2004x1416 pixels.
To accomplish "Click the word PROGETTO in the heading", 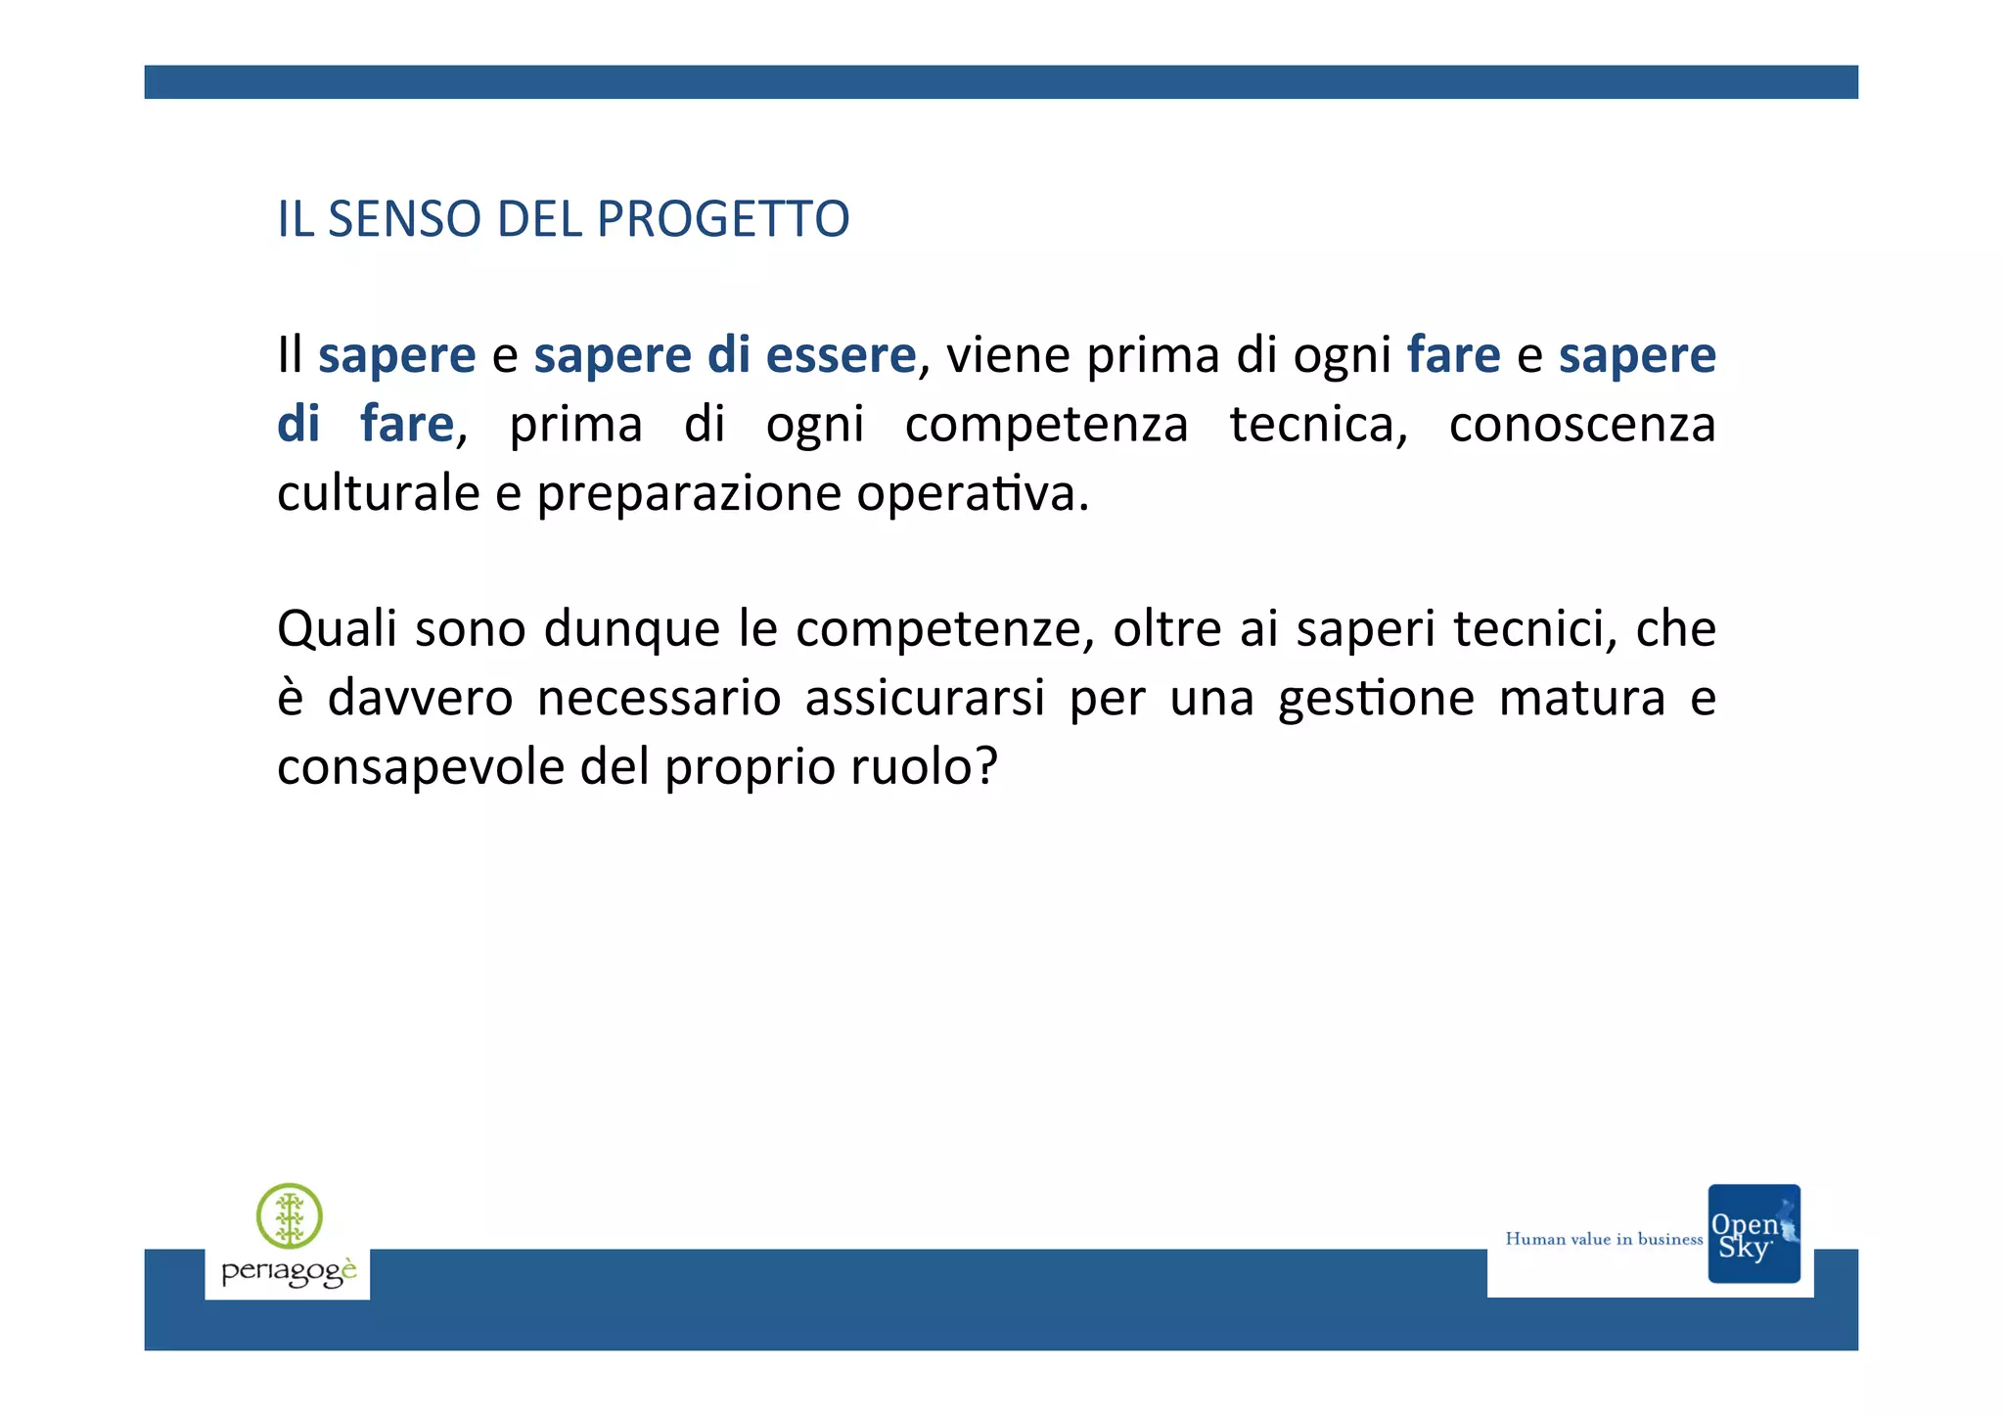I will (723, 218).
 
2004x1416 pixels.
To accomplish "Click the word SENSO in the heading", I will (404, 218).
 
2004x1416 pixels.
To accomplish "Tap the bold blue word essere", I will (841, 354).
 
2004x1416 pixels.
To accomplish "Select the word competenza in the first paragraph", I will (1046, 425).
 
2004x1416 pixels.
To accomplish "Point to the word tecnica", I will (1317, 425).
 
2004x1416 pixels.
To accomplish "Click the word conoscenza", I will (1581, 425).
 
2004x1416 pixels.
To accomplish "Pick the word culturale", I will (378, 492).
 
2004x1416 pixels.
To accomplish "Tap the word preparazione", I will (689, 494).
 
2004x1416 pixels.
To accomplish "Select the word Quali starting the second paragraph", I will (337, 628).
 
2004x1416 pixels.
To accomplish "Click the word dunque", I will (631, 629).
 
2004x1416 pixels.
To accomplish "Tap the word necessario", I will (659, 698).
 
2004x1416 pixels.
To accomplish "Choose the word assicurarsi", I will (925, 698).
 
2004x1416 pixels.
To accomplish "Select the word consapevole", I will (420, 767).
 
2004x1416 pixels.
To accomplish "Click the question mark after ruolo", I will (986, 765).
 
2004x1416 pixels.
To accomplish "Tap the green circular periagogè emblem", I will (290, 1215).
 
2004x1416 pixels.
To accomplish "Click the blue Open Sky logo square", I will (1753, 1233).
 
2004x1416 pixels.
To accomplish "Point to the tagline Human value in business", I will (1604, 1239).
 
